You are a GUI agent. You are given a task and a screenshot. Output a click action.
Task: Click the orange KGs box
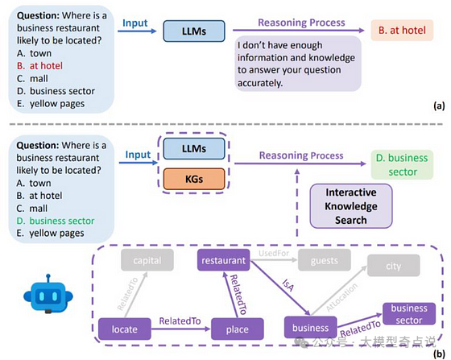coord(194,179)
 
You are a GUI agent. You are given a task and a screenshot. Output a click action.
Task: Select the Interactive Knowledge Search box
coord(351,206)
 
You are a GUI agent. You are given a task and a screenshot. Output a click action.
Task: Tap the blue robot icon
coord(48,294)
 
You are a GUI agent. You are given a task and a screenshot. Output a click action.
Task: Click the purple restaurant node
coord(224,260)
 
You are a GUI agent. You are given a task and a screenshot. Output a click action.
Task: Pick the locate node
coord(125,329)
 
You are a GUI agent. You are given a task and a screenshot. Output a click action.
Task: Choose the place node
coord(238,329)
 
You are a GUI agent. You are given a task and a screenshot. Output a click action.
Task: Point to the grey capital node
coord(147,260)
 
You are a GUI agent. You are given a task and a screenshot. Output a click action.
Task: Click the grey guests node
coord(324,260)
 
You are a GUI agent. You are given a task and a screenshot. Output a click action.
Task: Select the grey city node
coord(394,266)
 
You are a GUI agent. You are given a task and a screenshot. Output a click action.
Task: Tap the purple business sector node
coord(409,314)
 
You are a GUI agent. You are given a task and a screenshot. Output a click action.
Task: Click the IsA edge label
coord(288,285)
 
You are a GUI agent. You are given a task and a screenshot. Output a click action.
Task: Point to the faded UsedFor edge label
coord(274,254)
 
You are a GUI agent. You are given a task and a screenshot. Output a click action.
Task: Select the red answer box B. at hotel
coord(402,30)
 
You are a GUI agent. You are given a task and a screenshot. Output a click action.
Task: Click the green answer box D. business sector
coord(402,165)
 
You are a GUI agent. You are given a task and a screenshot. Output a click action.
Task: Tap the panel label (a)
coord(439,106)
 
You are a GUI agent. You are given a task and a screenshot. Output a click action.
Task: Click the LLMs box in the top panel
coord(194,31)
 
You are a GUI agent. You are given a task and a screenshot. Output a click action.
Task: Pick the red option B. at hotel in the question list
coord(39,66)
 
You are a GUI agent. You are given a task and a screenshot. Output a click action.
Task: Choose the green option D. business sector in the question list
coord(56,221)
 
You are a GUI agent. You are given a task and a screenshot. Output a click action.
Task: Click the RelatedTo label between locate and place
coord(180,321)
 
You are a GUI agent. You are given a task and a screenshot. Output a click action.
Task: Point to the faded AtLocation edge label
coord(342,297)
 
